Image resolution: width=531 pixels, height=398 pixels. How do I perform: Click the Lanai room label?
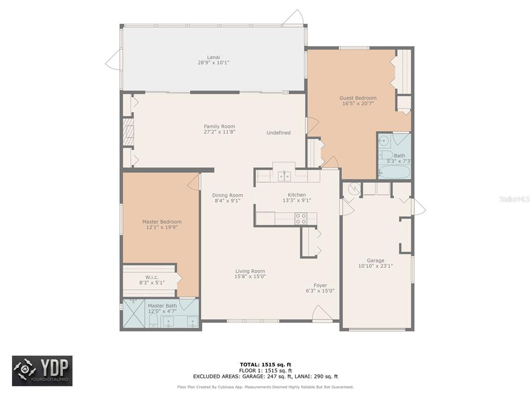point(213,57)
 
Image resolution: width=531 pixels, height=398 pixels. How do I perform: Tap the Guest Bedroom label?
point(358,98)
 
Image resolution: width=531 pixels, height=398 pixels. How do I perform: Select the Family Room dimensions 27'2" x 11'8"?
point(219,132)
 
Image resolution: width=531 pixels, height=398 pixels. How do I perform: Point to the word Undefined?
point(278,133)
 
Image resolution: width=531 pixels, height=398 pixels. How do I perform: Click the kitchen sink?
point(285,176)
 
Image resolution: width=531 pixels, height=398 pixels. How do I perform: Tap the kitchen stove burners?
point(301,219)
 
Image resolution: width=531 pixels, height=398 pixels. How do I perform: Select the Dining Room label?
point(228,195)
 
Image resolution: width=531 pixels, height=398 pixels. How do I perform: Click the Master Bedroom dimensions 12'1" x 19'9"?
point(162,228)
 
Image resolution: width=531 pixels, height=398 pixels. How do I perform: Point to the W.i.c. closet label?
point(152,278)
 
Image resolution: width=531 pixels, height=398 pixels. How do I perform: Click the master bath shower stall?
point(134,314)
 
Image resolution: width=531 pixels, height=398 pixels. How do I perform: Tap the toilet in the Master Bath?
point(153,320)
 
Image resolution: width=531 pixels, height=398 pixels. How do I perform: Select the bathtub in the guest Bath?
point(394,172)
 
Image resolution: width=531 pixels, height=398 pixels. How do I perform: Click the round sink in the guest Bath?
point(384,140)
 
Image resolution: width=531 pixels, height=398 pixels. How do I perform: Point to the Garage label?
point(375,261)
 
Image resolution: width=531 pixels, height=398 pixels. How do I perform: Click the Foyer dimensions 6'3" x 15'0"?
point(320,291)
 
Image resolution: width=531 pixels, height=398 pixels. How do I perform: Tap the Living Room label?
point(250,271)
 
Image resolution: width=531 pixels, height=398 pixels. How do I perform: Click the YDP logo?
point(43,371)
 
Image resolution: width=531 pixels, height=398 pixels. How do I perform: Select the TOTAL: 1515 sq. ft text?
point(265,364)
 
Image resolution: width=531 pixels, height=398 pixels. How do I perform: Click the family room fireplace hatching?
point(129,132)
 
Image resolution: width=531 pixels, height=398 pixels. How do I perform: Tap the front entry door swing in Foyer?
point(322,313)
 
